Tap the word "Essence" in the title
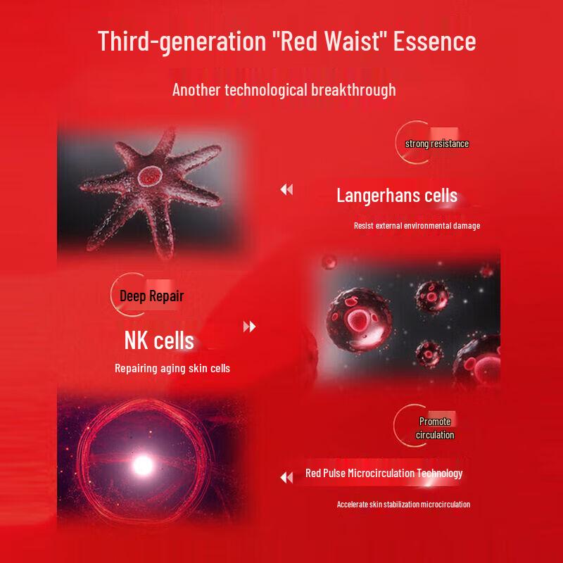point(434,41)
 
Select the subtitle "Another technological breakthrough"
point(284,90)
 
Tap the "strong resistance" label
point(436,144)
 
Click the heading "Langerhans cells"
point(397,195)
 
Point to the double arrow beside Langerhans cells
point(286,189)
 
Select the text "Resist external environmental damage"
point(417,226)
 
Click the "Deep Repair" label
point(151,296)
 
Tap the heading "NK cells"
point(159,341)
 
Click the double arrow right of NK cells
point(249,327)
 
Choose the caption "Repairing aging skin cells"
point(172,368)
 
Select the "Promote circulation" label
point(435,428)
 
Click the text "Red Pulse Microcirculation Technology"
point(384,473)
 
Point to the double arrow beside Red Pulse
point(286,478)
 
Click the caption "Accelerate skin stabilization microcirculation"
point(403,504)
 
